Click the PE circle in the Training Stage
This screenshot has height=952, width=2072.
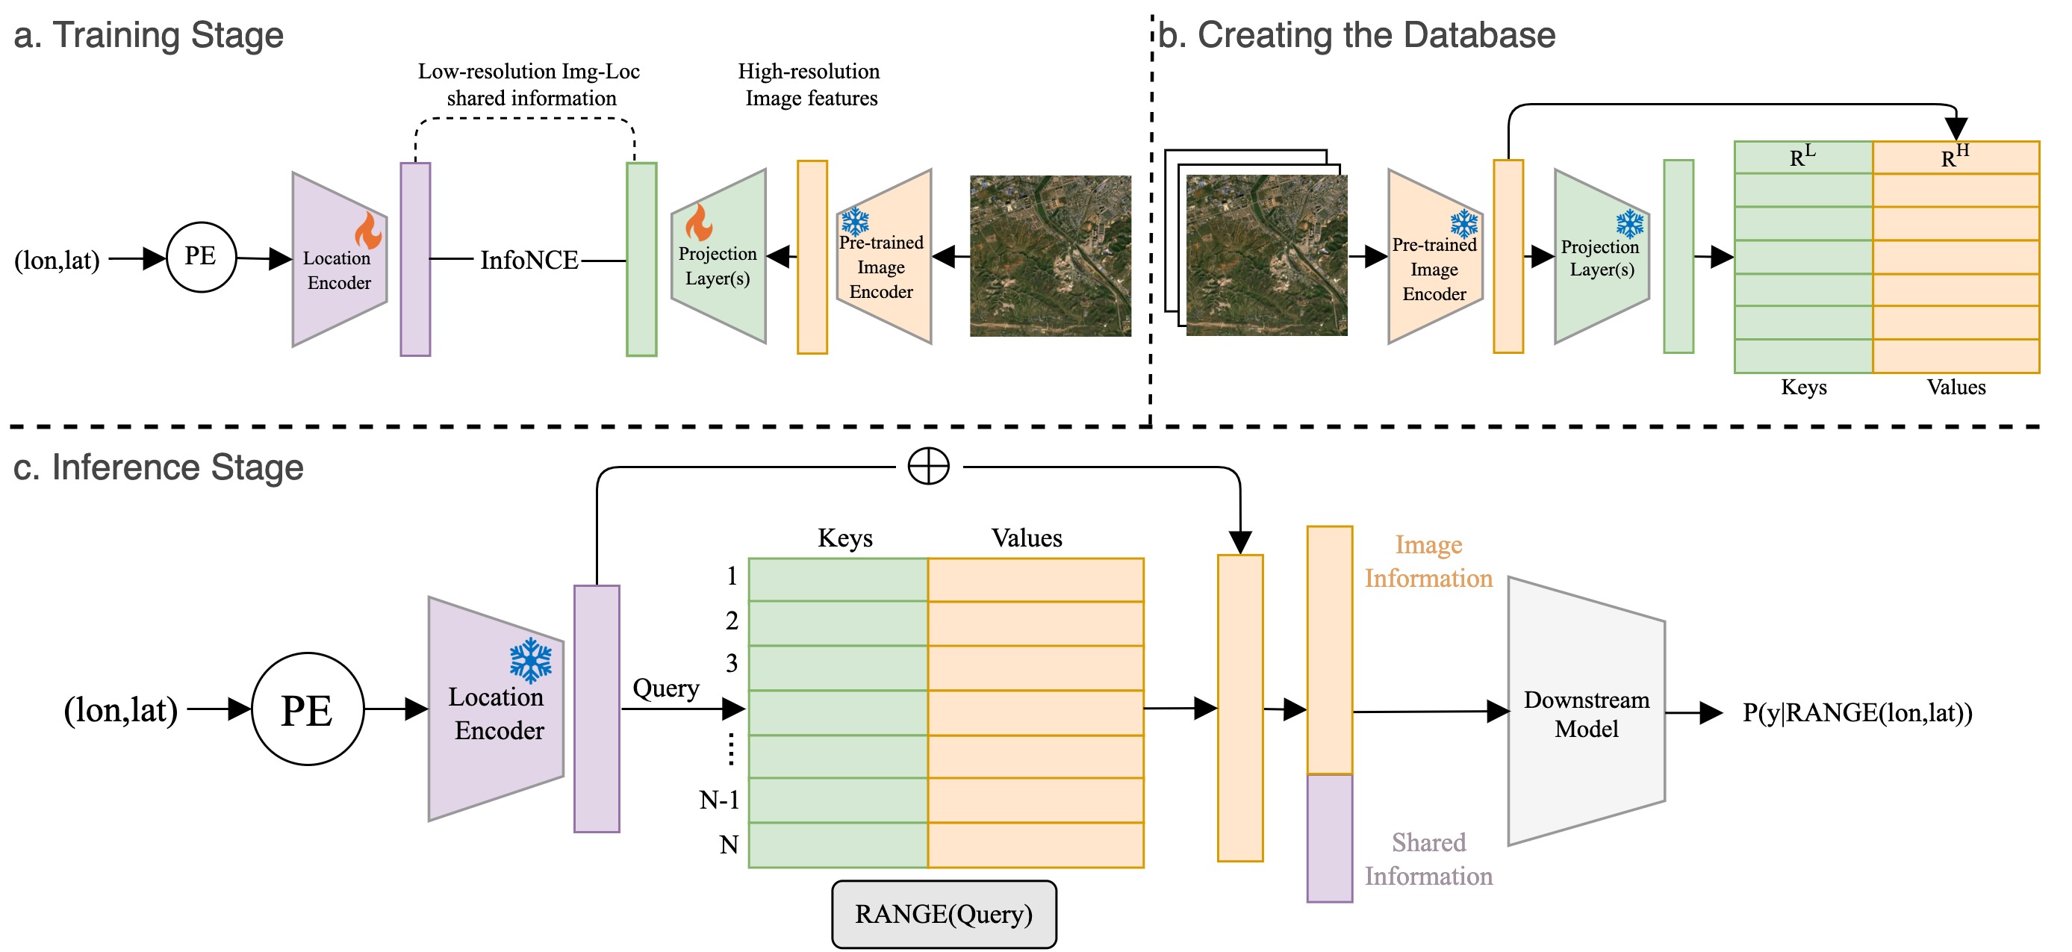(201, 258)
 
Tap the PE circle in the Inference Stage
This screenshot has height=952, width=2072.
(308, 709)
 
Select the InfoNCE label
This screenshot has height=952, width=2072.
(529, 260)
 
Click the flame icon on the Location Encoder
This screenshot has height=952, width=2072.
(368, 230)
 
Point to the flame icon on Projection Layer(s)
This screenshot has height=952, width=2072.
(698, 222)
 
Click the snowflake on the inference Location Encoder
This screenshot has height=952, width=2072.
(531, 660)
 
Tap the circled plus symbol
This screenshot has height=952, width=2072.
(928, 467)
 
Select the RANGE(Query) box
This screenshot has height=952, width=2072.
(944, 914)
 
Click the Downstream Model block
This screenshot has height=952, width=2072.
(1586, 712)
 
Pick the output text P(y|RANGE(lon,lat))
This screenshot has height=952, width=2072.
(1857, 712)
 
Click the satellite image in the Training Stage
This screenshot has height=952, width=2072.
(1051, 255)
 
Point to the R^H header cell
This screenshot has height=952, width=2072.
(1956, 158)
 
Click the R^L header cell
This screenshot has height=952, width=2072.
(1803, 158)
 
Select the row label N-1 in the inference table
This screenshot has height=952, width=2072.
(719, 800)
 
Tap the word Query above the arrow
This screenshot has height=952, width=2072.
(666, 688)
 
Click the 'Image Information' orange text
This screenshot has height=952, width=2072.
(1428, 561)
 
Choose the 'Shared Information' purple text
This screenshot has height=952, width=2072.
(1428, 859)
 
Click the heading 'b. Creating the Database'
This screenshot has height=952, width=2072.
(1357, 35)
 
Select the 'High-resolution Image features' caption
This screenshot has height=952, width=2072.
(809, 84)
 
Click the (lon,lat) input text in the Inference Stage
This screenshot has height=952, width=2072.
(121, 710)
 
